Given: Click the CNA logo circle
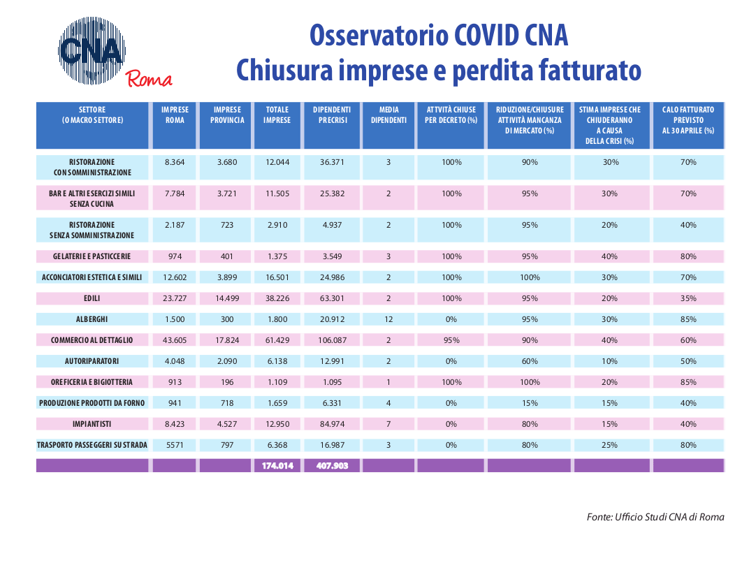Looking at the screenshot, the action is click(92, 50).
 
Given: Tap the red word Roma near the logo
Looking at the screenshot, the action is click(149, 79).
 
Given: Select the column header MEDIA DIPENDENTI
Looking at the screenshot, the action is click(388, 115).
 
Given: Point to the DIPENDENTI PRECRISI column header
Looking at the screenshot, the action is click(332, 115).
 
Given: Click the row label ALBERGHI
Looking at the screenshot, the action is click(92, 319).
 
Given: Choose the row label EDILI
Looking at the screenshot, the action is click(92, 298).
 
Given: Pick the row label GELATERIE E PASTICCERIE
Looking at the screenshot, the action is click(92, 256).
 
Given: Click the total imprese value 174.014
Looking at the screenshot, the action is click(277, 466).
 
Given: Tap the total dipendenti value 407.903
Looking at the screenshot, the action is click(332, 466).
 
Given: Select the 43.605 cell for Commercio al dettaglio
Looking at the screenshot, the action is click(175, 340).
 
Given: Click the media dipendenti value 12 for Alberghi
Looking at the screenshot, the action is click(388, 319).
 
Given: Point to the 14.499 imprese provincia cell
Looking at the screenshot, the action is click(227, 298).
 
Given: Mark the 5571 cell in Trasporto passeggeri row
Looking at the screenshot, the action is click(175, 445).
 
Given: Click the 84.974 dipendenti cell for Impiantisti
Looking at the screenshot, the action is click(332, 424).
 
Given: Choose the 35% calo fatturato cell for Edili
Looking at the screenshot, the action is click(688, 298).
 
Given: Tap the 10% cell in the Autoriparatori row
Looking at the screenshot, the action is click(609, 361).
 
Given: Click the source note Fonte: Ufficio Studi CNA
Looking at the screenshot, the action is click(655, 517).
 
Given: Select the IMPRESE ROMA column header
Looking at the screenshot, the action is click(175, 115).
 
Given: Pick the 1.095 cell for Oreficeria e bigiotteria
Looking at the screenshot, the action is click(332, 382).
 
